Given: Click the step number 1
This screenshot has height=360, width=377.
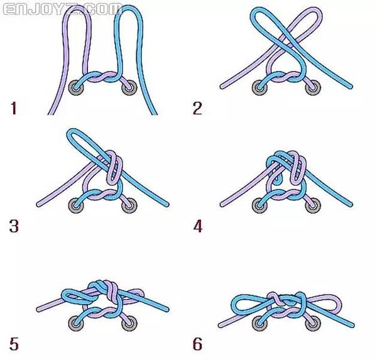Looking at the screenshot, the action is click(14, 108).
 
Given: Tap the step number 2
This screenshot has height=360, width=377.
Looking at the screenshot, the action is click(197, 108).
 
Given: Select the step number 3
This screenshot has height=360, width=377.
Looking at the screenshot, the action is click(14, 226).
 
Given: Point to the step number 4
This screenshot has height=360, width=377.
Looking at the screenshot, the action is click(198, 226).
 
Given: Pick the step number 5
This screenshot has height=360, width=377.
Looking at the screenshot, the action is click(14, 344).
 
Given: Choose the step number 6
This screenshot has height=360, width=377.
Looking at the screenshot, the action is click(198, 344).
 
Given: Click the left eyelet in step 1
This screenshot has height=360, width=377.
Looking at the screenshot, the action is click(76, 87).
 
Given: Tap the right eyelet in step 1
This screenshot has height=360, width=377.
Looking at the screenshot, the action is click(129, 87).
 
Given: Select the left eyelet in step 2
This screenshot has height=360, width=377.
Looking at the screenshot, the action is click(260, 87).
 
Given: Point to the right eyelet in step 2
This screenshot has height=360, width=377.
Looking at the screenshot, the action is click(313, 87).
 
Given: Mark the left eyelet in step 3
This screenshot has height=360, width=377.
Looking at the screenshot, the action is click(76, 205).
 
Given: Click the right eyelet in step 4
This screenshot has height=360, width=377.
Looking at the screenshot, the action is click(313, 205).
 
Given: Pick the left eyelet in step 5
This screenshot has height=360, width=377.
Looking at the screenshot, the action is click(76, 324).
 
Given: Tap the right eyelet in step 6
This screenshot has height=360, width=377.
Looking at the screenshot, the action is click(313, 324).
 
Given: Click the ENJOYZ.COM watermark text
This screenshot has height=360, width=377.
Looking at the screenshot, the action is click(62, 9).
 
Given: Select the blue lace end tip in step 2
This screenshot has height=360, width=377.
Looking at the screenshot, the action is click(351, 86).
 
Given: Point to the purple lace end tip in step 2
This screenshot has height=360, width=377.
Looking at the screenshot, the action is click(222, 86).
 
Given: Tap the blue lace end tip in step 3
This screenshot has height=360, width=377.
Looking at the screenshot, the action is click(167, 205).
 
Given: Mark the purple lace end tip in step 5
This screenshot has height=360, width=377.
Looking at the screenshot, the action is click(38, 310).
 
